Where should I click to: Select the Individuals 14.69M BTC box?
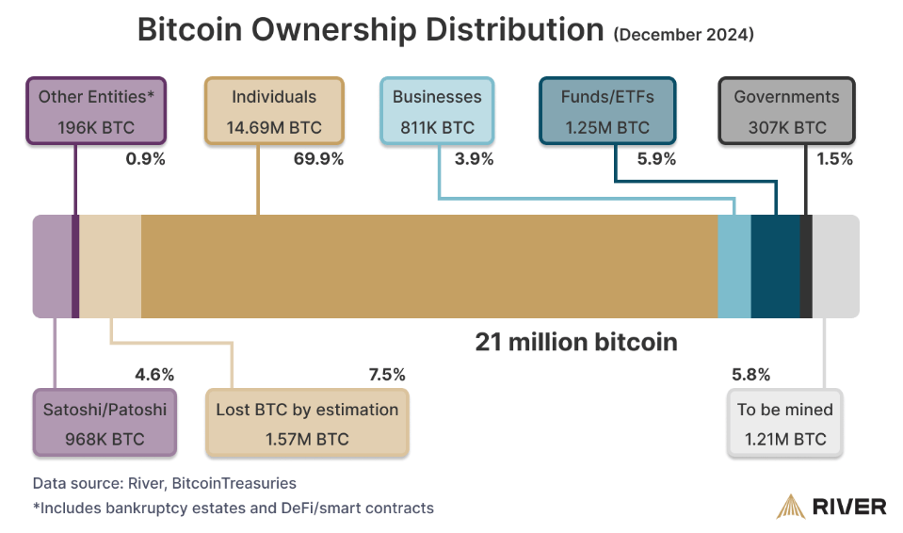[x=274, y=111]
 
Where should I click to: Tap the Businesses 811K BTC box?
[x=437, y=111]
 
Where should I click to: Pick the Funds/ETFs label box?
[x=607, y=111]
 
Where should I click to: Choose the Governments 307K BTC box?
[x=786, y=111]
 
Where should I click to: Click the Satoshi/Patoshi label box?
[x=105, y=424]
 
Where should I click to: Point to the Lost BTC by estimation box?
[x=307, y=424]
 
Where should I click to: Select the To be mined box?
[x=784, y=424]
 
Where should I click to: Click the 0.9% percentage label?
[x=145, y=159]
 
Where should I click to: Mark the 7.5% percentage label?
[x=386, y=375]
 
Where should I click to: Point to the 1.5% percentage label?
[x=834, y=159]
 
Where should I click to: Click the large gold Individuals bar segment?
[x=428, y=266]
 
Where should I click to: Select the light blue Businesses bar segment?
[x=734, y=266]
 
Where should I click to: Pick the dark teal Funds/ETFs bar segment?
[x=775, y=266]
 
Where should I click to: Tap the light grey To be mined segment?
[x=835, y=266]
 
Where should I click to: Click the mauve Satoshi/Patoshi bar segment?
[x=51, y=266]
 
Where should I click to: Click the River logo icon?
[x=790, y=507]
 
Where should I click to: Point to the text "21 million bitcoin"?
[x=575, y=342]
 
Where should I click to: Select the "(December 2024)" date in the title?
[x=683, y=35]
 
